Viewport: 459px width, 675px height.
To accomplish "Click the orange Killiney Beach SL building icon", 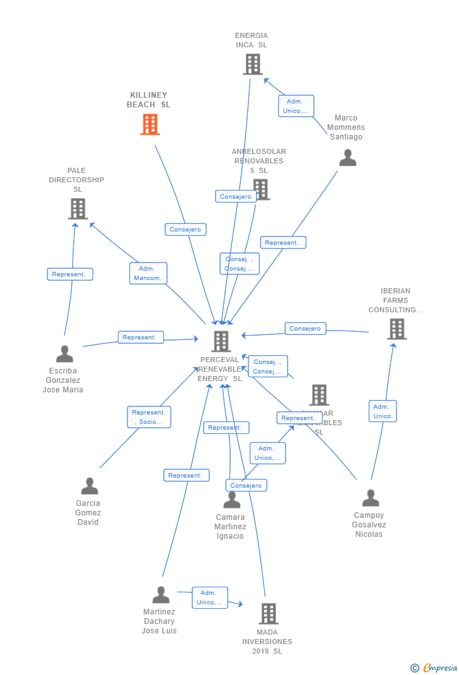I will (x=149, y=124).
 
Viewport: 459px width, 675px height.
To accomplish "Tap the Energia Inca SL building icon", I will (x=252, y=64).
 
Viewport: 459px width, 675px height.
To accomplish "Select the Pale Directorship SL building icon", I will (x=78, y=209).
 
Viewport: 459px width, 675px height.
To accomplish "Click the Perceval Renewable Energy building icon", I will (x=221, y=341).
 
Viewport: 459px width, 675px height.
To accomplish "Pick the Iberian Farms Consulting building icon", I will (x=397, y=329).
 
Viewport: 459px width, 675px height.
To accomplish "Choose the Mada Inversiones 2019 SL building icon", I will (x=269, y=613).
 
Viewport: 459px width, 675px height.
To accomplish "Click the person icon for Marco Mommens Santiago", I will (x=347, y=158).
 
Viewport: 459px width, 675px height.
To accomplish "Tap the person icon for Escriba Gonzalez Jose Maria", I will (x=64, y=354).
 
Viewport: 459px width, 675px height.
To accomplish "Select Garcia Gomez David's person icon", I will (x=90, y=486).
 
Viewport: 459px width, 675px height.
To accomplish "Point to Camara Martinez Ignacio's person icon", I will (x=232, y=500).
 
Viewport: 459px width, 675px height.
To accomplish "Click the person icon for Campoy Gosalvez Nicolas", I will (x=370, y=498).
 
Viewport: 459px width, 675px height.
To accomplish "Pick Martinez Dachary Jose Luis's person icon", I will (x=161, y=595).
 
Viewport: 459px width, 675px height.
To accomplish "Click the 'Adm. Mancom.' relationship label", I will (x=148, y=273).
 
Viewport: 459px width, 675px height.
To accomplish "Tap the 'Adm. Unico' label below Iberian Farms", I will (x=382, y=411).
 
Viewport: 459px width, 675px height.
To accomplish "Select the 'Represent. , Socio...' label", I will (x=149, y=417).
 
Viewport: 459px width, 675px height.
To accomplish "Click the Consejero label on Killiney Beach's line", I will (x=185, y=230).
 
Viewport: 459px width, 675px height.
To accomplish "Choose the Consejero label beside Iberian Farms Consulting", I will (x=305, y=329).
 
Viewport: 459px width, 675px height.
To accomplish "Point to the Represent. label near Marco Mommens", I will (x=282, y=243).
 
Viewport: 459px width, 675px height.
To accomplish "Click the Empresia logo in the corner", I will (x=434, y=667).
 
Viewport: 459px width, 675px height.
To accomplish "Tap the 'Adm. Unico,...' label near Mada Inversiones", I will (x=209, y=597).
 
